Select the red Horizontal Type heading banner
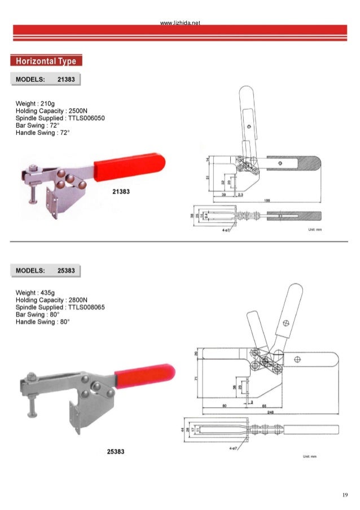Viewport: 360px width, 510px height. pos(46,61)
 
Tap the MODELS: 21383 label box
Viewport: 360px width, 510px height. pos(46,80)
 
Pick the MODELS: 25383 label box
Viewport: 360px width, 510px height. pos(46,271)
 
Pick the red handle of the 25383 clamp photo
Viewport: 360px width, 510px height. pos(144,374)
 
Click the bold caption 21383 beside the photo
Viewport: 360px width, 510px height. pos(121,191)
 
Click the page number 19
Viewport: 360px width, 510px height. pos(344,495)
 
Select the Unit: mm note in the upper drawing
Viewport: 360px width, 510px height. pos(314,230)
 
